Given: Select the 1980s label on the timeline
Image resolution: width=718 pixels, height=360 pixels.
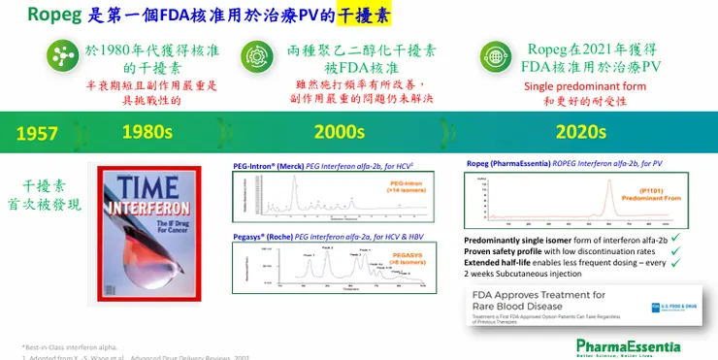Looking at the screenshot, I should [x=148, y=132].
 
